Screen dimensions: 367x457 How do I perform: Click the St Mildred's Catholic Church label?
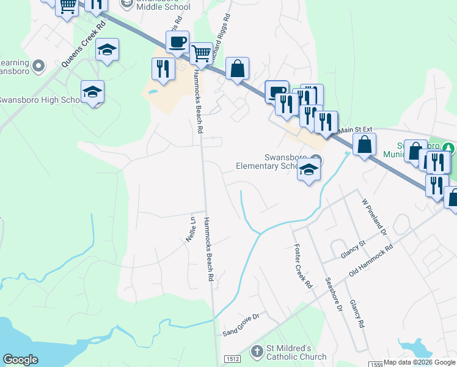click(x=296, y=353)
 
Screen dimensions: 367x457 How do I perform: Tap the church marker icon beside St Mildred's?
click(x=257, y=352)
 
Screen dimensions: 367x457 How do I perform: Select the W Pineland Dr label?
click(x=375, y=217)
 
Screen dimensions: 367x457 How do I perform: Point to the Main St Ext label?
click(x=355, y=130)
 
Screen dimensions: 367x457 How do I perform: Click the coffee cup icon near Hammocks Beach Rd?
click(x=177, y=42)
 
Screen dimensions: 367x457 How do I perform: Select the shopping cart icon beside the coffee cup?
click(x=201, y=53)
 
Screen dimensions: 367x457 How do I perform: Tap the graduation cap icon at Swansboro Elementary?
click(x=309, y=171)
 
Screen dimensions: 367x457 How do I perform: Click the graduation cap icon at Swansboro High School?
click(x=92, y=92)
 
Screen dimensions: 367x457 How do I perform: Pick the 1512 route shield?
click(x=230, y=359)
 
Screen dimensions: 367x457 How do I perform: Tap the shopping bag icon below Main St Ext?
click(x=364, y=145)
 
